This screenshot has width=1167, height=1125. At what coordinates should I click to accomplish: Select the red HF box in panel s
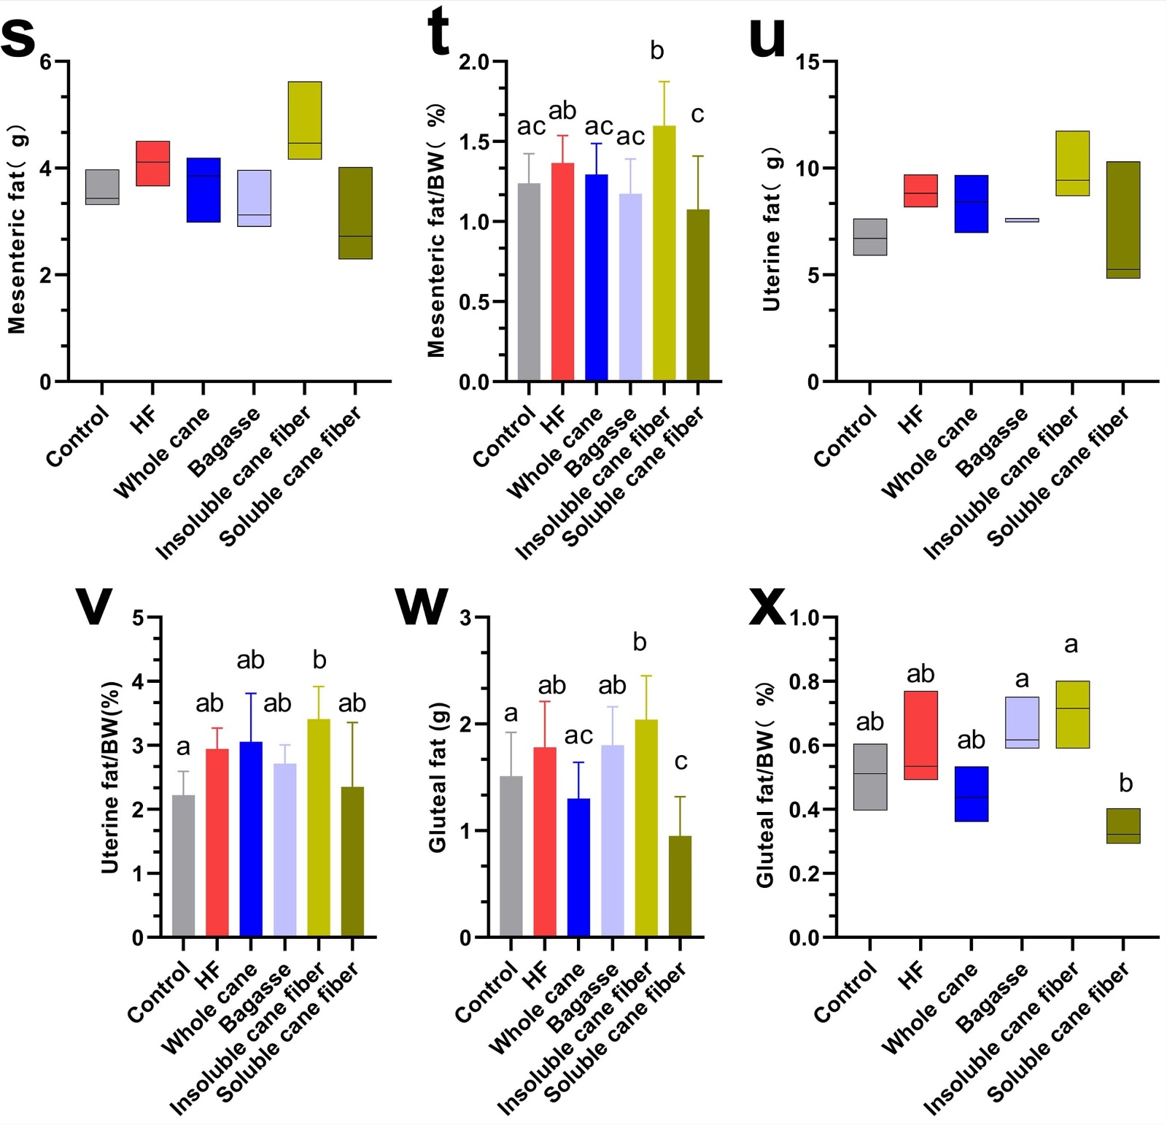[x=153, y=163]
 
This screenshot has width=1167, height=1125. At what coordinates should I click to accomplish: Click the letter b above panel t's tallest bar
[x=656, y=51]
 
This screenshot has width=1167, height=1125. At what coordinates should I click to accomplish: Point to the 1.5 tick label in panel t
[x=474, y=142]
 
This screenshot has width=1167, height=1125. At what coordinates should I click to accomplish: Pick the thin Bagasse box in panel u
[x=1022, y=220]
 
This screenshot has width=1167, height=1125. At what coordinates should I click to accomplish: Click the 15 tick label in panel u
[x=808, y=63]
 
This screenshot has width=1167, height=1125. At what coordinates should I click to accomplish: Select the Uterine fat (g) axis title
[x=771, y=228]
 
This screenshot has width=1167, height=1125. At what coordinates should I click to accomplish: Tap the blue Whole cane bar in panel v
[x=251, y=839]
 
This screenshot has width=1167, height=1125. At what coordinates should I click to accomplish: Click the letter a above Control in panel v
[x=183, y=747]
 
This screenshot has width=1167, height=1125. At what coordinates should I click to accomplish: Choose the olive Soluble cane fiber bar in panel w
[x=680, y=886]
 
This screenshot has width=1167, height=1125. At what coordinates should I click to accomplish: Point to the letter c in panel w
[x=681, y=762]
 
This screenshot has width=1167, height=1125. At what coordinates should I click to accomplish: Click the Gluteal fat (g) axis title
[x=438, y=777]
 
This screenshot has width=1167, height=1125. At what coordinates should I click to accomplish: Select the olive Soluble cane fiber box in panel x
[x=1123, y=826]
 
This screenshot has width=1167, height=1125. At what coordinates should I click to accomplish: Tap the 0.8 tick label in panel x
[x=805, y=682]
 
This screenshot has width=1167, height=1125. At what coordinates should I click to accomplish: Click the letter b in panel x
[x=1125, y=784]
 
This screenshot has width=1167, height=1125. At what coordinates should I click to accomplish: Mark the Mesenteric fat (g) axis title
[x=18, y=228]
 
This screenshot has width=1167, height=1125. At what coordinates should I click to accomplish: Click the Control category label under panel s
[x=77, y=436]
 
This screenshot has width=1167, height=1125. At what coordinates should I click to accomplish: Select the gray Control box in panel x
[x=870, y=777]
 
